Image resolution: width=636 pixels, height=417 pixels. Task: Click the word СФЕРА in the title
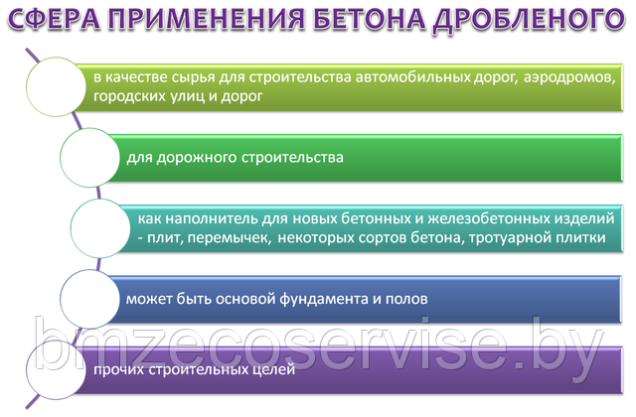[x=55, y=19]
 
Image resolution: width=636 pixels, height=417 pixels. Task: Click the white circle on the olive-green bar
[x=56, y=86]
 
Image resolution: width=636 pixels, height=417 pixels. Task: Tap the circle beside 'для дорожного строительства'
[x=90, y=157]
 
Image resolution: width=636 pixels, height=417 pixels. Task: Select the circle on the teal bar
[x=100, y=228]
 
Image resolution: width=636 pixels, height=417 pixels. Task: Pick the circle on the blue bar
[x=90, y=299]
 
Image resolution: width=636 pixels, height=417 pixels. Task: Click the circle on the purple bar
[x=56, y=369]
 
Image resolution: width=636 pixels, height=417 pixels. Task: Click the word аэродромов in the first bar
[x=569, y=77]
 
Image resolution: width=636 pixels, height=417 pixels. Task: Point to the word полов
[x=406, y=300]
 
